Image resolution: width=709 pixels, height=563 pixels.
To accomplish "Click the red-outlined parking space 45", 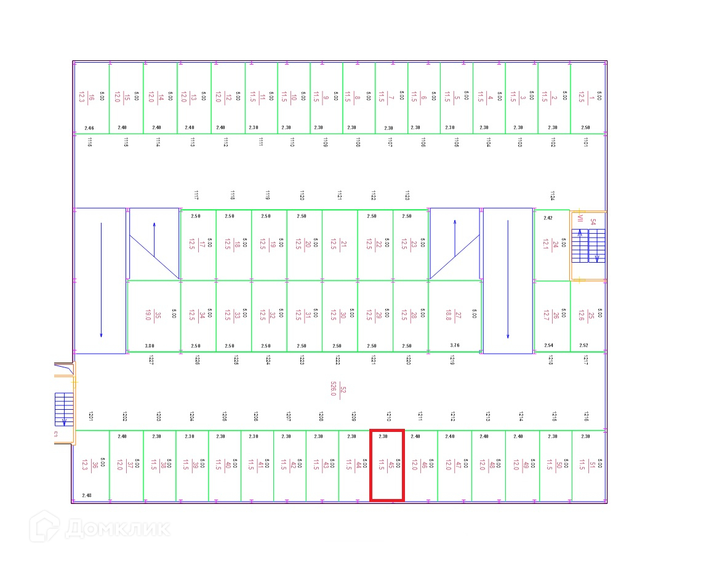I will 387,465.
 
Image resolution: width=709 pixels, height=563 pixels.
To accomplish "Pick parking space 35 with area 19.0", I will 154,316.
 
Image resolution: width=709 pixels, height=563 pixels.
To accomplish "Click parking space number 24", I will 551,246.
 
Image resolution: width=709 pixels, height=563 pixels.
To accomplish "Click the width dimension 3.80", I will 150,346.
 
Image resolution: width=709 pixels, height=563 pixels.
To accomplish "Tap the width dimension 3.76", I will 455,346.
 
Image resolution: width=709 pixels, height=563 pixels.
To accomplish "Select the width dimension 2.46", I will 89,128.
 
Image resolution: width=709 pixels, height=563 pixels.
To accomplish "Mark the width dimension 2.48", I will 86,495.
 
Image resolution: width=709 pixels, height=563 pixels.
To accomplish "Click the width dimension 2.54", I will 549,346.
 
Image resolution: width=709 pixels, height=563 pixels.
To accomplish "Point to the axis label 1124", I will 552,196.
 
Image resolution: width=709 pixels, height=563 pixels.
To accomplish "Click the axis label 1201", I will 90,416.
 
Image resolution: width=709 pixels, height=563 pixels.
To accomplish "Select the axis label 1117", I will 196,196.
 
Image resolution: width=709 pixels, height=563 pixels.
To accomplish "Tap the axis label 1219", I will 452,361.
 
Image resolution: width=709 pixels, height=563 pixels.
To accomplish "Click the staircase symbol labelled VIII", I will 588,245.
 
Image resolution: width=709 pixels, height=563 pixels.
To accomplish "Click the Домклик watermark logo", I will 98,528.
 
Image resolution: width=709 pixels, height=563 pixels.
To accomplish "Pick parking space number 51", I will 589,465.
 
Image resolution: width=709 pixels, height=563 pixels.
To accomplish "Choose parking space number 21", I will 339,245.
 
